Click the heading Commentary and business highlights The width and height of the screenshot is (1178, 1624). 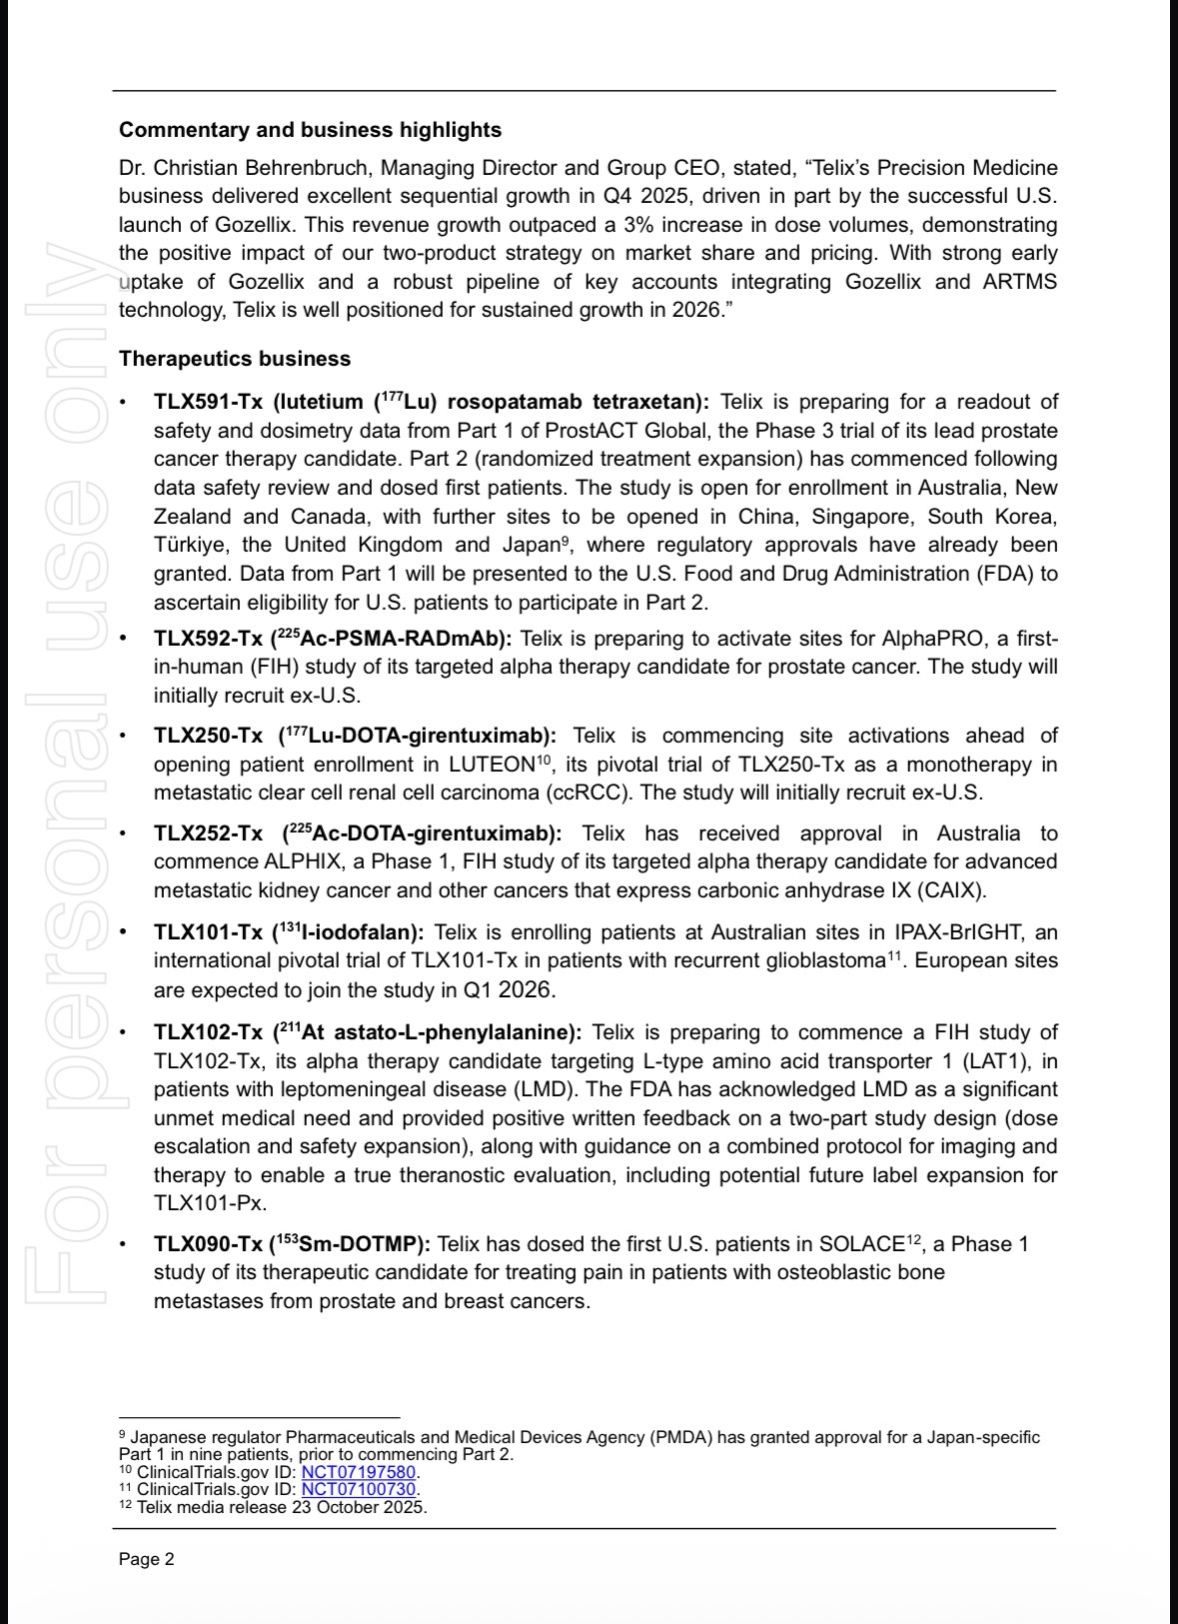pos(310,130)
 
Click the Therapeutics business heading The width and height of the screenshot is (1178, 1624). pos(235,358)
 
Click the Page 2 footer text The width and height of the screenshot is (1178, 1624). pos(147,1559)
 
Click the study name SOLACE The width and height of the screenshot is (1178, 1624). pos(860,1245)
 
